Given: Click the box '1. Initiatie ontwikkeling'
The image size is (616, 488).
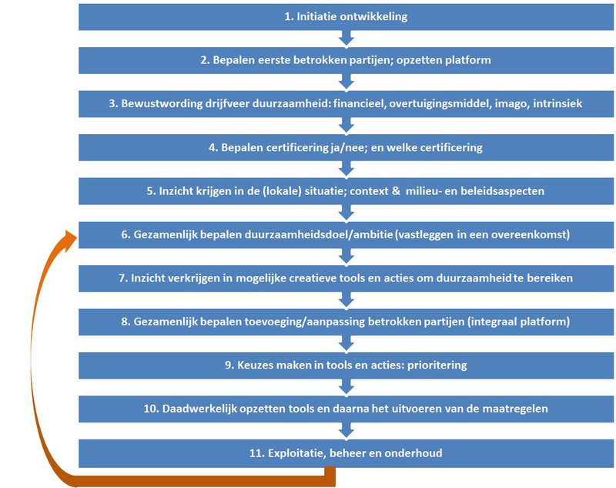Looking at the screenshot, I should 346,16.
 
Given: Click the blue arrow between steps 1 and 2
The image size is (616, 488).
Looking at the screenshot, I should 346,38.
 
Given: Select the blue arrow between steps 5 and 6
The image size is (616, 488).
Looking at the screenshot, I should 346,212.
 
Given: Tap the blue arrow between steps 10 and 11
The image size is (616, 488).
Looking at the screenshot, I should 346,430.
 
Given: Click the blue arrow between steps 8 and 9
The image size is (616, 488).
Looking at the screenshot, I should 346,343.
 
